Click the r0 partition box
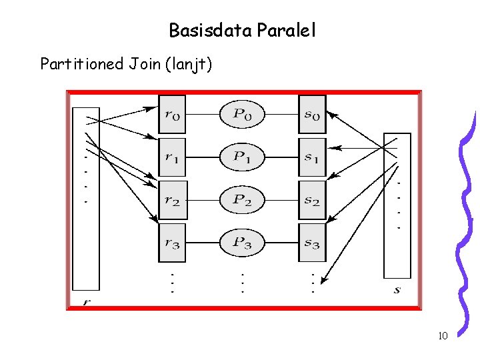(173, 114)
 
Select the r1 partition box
(173, 157)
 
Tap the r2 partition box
(173, 200)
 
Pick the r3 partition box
(173, 243)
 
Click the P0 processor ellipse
(243, 114)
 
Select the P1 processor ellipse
(243, 157)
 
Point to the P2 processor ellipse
(243, 200)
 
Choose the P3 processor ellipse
(243, 243)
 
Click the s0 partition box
(312, 114)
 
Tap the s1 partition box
(312, 157)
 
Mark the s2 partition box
(312, 200)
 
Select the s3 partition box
(312, 243)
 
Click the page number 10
(442, 335)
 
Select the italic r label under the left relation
(86, 301)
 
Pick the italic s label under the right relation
(397, 289)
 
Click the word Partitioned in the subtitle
(82, 64)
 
